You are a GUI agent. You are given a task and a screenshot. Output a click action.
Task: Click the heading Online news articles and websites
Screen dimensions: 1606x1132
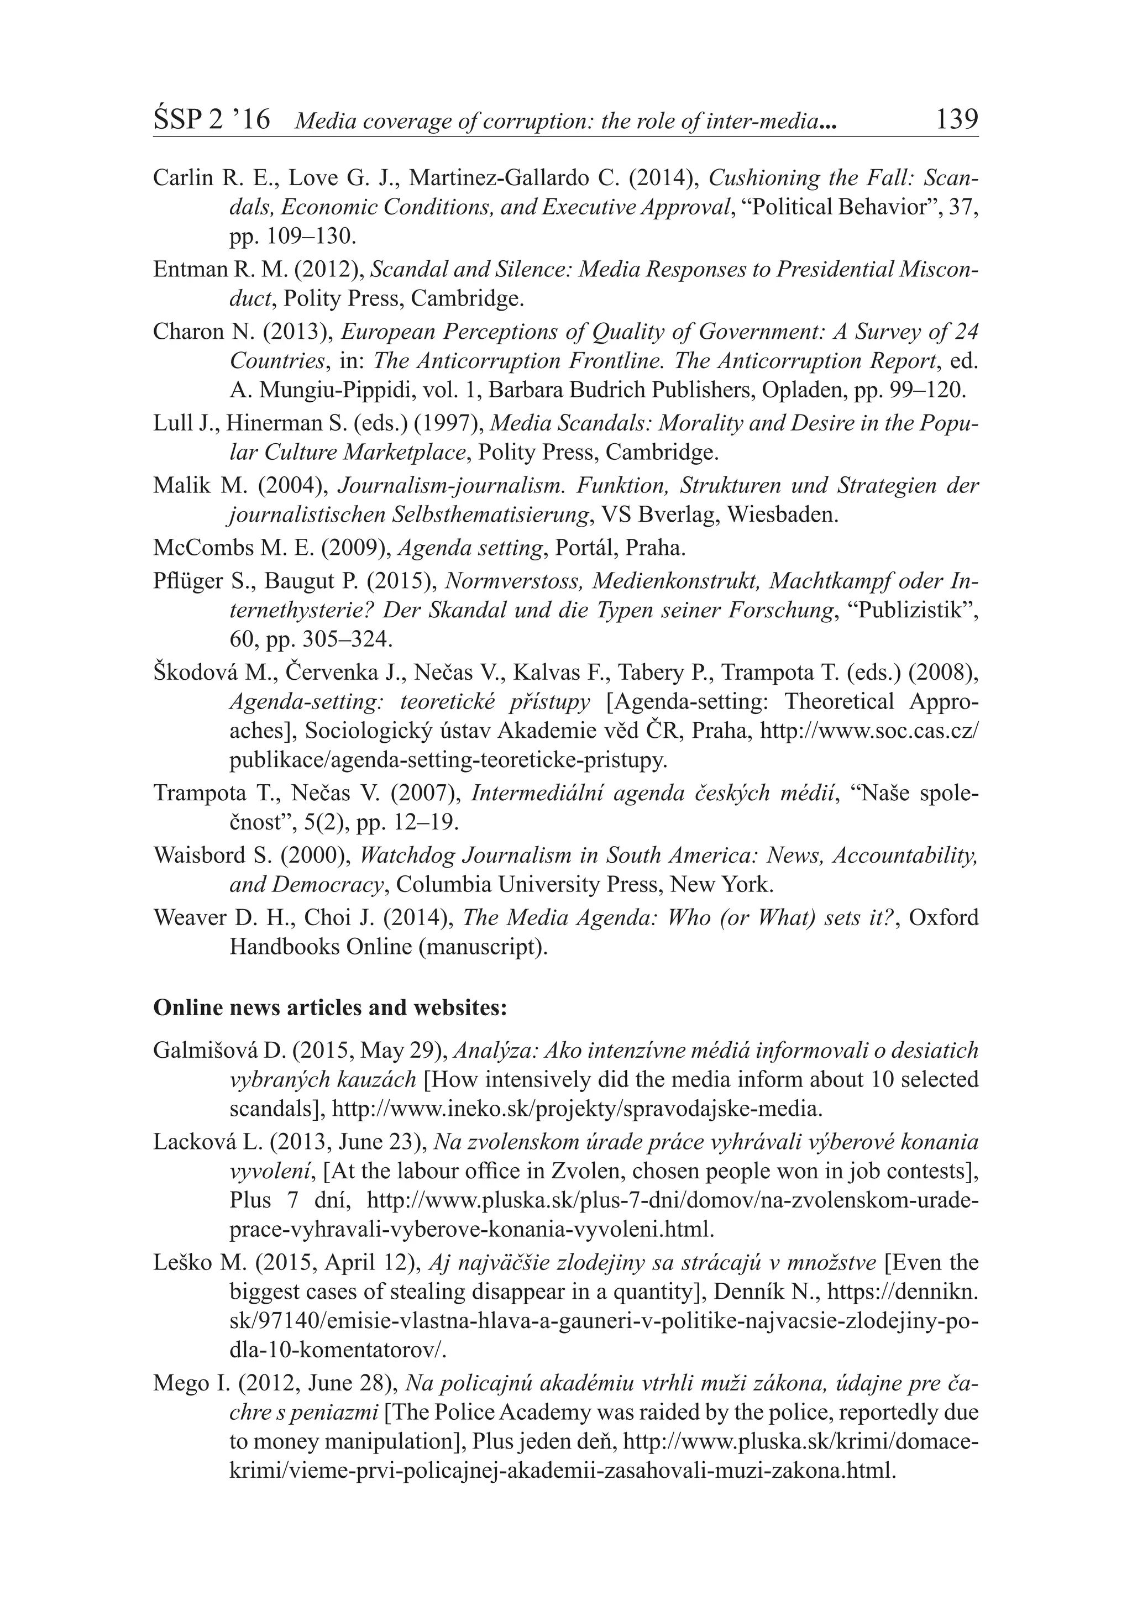pos(329,1007)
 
